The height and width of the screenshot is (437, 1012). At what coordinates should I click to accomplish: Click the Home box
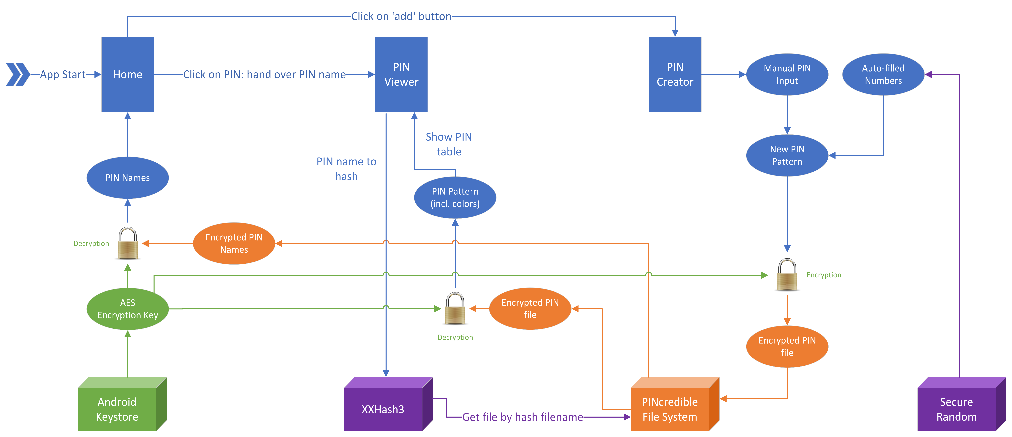(x=128, y=74)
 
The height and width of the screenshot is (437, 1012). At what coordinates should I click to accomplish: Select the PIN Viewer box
(x=401, y=74)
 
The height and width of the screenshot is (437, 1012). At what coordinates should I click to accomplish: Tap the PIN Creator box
(x=675, y=74)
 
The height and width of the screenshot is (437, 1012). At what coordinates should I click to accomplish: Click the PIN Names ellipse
(x=128, y=178)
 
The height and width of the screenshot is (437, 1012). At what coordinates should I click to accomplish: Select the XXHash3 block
(x=388, y=404)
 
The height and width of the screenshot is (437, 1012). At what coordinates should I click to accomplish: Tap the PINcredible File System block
(x=675, y=404)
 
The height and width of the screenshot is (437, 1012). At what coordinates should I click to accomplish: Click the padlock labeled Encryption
(x=787, y=275)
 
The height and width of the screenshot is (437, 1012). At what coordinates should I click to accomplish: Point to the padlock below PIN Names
(x=128, y=243)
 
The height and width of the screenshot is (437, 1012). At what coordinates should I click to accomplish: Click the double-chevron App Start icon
(x=18, y=74)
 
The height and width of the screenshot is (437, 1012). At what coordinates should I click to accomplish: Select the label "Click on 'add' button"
(x=401, y=17)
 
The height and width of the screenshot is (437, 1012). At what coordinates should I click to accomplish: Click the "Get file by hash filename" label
(x=523, y=417)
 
